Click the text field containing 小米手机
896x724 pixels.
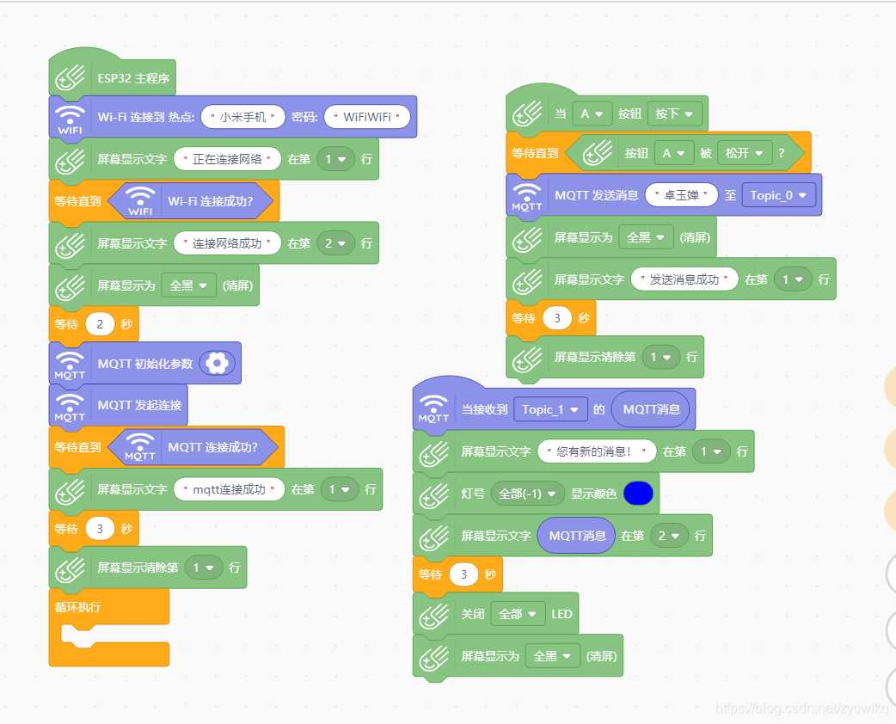pyautogui.click(x=242, y=117)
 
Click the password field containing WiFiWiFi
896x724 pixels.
pyautogui.click(x=367, y=117)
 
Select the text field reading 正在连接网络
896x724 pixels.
pyautogui.click(x=228, y=159)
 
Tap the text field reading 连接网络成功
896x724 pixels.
pyautogui.click(x=228, y=243)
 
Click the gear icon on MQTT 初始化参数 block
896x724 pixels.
pyautogui.click(x=217, y=364)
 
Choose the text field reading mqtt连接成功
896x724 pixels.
pyautogui.click(x=229, y=490)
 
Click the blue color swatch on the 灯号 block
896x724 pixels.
pyautogui.click(x=638, y=494)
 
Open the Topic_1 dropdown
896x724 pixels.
pyautogui.click(x=550, y=409)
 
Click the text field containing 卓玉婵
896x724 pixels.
pyautogui.click(x=681, y=195)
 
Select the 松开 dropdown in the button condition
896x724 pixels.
pyautogui.click(x=744, y=153)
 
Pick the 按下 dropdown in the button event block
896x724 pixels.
pyautogui.click(x=675, y=114)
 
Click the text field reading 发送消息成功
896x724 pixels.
pyautogui.click(x=684, y=279)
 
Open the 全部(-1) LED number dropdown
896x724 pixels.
pyautogui.click(x=528, y=494)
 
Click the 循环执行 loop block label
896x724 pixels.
pyautogui.click(x=77, y=607)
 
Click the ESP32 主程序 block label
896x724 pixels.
pyautogui.click(x=133, y=78)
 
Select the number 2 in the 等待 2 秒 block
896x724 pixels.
pyautogui.click(x=100, y=325)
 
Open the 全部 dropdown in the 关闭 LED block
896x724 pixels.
pyautogui.click(x=519, y=614)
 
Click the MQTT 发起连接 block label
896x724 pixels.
pyautogui.click(x=139, y=405)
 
